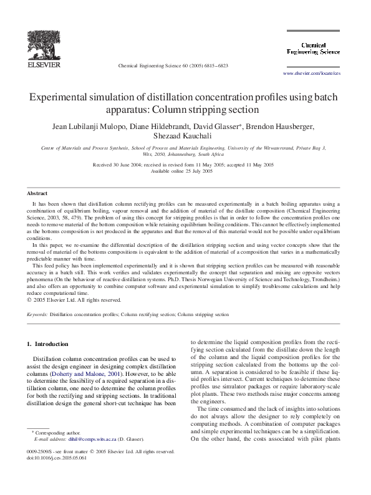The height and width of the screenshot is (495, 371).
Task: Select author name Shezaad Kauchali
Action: pyautogui.click(x=186, y=137)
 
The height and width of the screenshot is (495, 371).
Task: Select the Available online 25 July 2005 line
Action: pyautogui.click(x=186, y=170)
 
